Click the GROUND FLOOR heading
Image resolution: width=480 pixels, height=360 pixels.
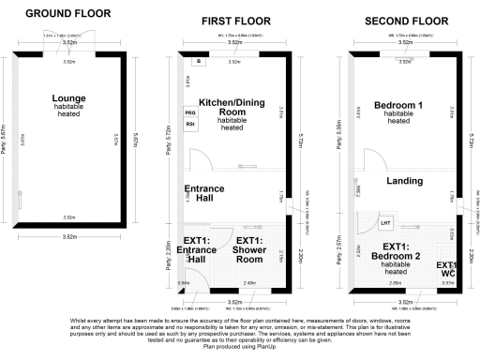(67, 14)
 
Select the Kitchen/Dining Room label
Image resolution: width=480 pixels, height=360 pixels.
(230, 107)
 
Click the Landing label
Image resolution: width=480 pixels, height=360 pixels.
(405, 180)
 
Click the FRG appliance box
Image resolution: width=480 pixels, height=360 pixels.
(190, 111)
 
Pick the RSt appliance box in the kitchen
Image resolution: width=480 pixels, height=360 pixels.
(190, 124)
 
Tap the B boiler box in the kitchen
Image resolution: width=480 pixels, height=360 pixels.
(198, 61)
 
